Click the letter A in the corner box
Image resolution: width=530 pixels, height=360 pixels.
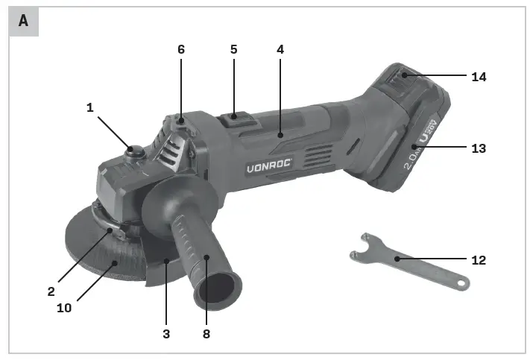tap(24, 21)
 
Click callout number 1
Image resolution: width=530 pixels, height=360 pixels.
tap(90, 107)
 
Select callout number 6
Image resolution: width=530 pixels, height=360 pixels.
tap(181, 49)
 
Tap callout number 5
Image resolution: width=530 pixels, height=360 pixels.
tap(233, 49)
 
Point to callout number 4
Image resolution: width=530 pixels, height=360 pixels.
tap(280, 49)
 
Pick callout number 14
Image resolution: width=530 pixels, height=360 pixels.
tap(478, 76)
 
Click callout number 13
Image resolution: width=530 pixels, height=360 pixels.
tap(478, 148)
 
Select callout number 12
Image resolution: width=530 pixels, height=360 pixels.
tap(478, 260)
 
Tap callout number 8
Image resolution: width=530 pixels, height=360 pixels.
tap(206, 334)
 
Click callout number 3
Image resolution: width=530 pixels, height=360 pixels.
tap(166, 334)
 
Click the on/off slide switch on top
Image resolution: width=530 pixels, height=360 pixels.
tap(236, 117)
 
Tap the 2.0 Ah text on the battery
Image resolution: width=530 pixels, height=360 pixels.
tap(412, 155)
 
